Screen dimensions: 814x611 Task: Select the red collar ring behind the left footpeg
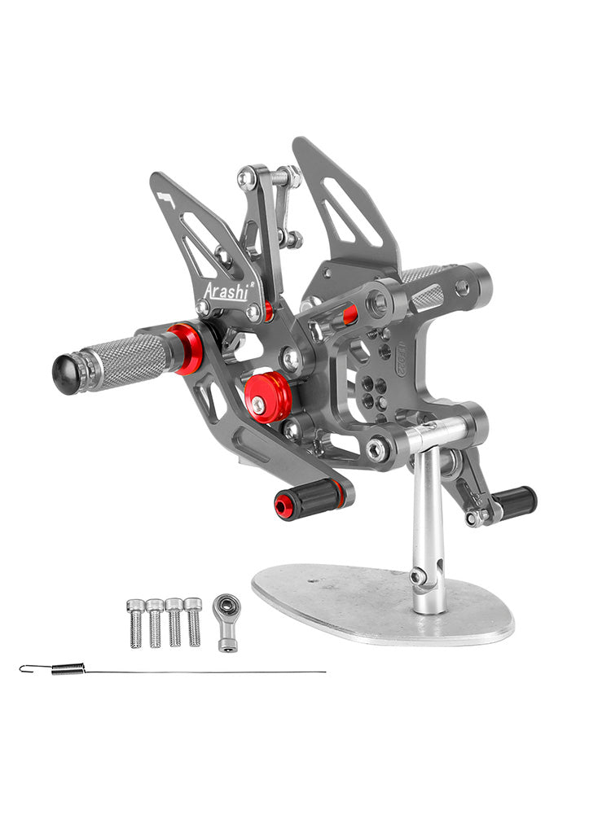(186, 348)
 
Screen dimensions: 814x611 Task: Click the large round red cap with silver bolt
(268, 396)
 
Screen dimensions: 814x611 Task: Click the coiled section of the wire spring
(68, 669)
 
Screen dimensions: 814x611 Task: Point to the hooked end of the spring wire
(26, 668)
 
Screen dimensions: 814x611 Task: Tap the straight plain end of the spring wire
(318, 672)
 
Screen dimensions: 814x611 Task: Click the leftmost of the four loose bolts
(136, 623)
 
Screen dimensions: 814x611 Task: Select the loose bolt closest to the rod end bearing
(193, 623)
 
